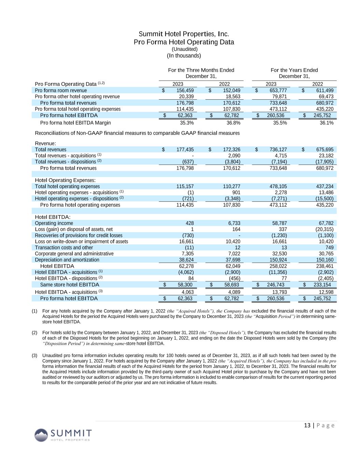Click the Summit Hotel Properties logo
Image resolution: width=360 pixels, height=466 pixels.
click(x=63, y=435)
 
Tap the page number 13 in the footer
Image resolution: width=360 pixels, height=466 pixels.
click(x=307, y=425)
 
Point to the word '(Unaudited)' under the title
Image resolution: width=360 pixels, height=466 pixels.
click(x=184, y=49)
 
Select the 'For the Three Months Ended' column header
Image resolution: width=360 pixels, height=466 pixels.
click(x=201, y=70)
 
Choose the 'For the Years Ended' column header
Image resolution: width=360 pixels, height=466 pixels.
click(x=294, y=70)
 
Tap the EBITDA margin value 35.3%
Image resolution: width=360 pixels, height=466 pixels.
click(x=187, y=123)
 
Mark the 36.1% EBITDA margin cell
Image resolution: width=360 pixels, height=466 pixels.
click(x=327, y=123)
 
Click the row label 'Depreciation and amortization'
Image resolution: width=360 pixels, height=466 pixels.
click(x=67, y=260)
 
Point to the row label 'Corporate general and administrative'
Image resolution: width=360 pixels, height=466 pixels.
click(x=74, y=254)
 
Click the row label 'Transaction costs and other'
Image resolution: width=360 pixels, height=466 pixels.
click(x=64, y=248)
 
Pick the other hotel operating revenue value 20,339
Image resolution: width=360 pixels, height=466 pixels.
click(x=186, y=97)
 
